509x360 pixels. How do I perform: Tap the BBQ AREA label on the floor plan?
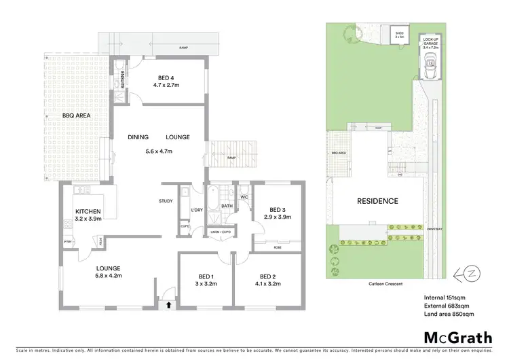point(77,115)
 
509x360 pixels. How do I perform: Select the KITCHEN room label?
point(88,211)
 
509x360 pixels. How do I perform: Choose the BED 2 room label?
point(267,276)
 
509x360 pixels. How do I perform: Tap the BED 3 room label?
point(276,209)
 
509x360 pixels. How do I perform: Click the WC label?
point(244,198)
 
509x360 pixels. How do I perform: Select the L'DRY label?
point(197,209)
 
